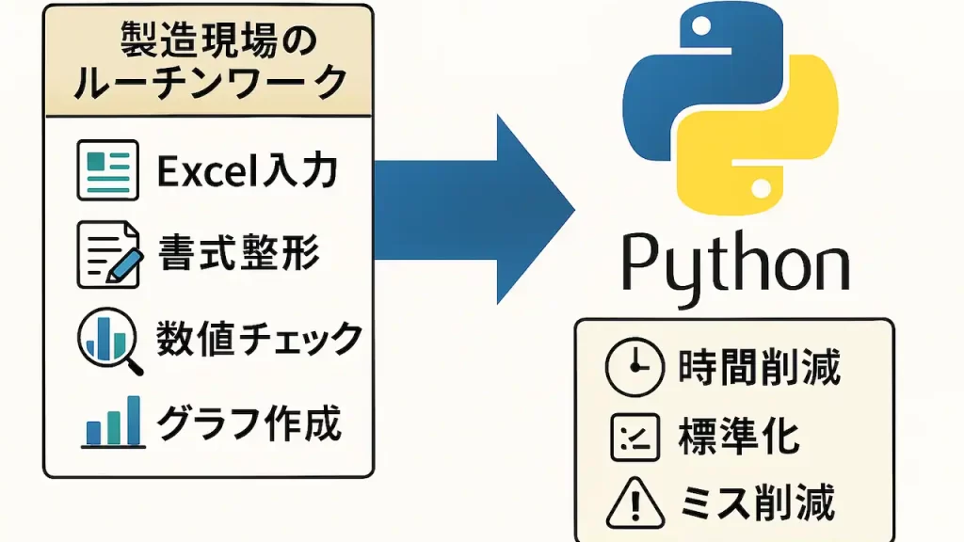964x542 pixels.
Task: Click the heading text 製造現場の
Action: (209, 39)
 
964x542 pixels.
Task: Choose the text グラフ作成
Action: (248, 423)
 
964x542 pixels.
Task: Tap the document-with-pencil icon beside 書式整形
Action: (106, 252)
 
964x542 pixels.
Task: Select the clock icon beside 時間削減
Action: (630, 368)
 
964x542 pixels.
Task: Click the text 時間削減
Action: (759, 368)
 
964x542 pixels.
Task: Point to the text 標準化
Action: (738, 436)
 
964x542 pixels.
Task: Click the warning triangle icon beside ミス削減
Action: (629, 503)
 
